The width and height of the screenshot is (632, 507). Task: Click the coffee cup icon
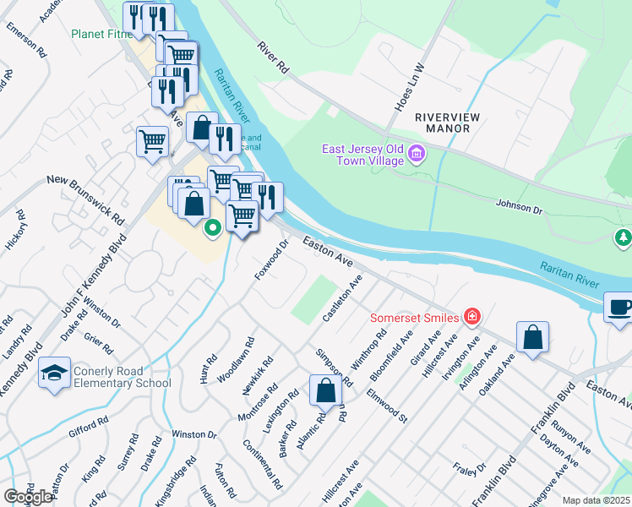[x=620, y=308]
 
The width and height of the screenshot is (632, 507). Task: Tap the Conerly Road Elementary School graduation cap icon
[x=54, y=374]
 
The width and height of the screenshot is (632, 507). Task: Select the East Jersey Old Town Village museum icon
[x=416, y=154]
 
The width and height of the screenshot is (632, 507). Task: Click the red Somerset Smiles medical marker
[x=472, y=318]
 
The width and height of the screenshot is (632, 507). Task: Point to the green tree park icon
[x=624, y=238]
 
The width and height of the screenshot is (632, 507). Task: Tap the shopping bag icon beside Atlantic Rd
[x=325, y=390]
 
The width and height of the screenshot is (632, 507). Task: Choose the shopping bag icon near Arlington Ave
[x=532, y=338]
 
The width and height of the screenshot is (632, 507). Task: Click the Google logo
[x=28, y=496]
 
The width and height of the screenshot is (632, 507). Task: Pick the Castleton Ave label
[x=342, y=297]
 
